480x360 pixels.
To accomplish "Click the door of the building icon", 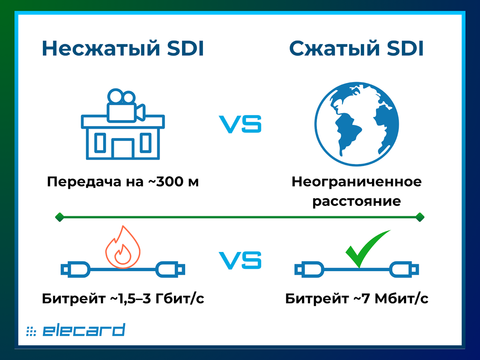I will pos(122,148).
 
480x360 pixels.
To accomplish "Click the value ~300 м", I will pos(173,182).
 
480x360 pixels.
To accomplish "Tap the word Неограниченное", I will pos(356,182).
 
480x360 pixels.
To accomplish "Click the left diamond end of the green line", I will pos(59,217).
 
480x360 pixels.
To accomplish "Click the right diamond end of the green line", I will pos(420,217).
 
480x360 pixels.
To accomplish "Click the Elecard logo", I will pos(76,330).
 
